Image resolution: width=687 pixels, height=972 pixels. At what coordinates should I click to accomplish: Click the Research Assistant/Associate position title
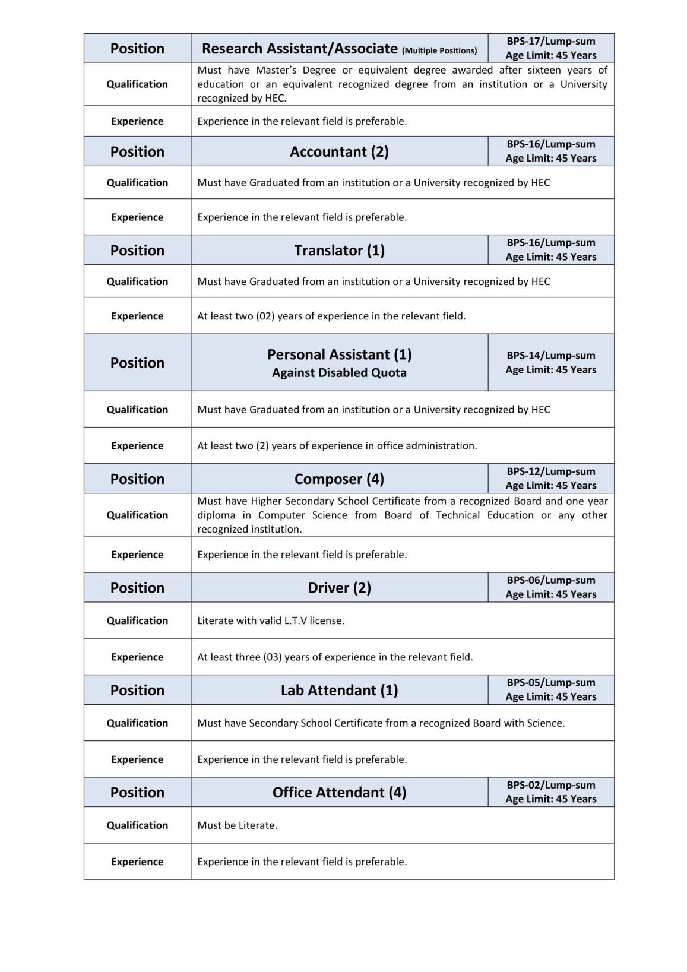tap(300, 49)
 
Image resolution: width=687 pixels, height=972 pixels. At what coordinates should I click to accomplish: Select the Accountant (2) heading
tap(339, 152)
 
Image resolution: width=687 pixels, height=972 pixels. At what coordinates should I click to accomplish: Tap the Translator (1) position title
tap(339, 251)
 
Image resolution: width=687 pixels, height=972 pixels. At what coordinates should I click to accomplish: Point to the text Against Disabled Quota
tap(339, 373)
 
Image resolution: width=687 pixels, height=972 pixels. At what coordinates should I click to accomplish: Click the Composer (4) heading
tap(339, 479)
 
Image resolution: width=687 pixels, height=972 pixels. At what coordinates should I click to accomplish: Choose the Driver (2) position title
tap(339, 588)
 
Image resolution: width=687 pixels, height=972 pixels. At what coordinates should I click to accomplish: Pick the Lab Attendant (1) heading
tap(339, 690)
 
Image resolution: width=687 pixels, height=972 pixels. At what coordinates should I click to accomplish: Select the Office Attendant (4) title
tap(339, 793)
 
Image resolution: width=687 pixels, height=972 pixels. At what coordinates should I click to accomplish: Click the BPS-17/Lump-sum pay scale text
tap(551, 41)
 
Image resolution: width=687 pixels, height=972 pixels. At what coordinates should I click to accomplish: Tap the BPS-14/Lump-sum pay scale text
tap(551, 356)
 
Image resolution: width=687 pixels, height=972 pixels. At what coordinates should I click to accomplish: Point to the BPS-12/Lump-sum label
tap(551, 471)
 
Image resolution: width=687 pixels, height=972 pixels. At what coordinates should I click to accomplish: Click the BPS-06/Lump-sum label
tap(551, 580)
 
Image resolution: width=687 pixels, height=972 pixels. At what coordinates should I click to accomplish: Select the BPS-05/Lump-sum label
tap(551, 683)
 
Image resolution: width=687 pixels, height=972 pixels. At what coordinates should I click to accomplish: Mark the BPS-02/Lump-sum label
tap(551, 785)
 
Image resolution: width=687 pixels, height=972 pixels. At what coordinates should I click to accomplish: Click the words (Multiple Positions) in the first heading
tap(439, 50)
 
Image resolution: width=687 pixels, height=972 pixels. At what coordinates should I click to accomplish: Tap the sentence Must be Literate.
tap(237, 825)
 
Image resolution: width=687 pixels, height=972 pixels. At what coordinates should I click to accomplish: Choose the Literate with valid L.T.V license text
tap(271, 620)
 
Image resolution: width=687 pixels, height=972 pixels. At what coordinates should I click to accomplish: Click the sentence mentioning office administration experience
tap(337, 446)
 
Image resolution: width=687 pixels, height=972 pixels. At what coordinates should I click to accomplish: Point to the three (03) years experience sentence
tap(335, 657)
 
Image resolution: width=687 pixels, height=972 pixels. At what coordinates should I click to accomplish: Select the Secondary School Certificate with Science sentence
tap(381, 723)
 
